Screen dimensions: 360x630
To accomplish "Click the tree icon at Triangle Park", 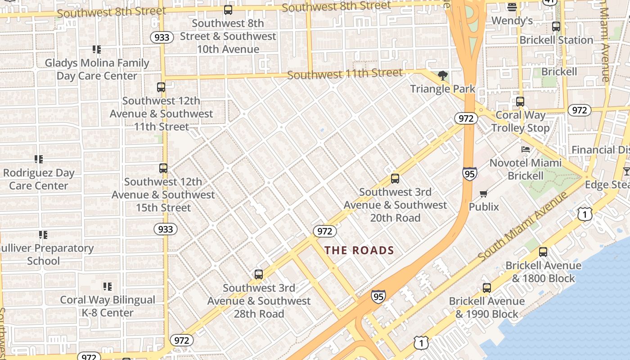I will (442, 76).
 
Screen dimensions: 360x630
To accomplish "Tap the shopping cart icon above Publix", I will (484, 194).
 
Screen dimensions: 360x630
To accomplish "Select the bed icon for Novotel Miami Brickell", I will (525, 149).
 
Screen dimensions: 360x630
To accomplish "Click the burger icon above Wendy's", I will (512, 7).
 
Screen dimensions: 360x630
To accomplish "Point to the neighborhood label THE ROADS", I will (359, 251).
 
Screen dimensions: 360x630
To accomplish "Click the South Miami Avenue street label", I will (522, 226).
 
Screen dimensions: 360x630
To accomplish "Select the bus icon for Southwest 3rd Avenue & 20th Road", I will (395, 179).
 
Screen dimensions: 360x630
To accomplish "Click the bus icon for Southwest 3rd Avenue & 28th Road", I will (258, 274).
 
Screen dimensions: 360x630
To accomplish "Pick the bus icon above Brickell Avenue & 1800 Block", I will (543, 252).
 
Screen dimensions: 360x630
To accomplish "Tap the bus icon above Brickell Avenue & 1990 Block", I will (487, 288).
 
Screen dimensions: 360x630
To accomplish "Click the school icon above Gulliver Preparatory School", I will (43, 234).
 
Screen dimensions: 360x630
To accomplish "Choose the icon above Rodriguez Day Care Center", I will (39, 159).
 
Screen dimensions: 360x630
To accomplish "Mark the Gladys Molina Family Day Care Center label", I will (97, 69).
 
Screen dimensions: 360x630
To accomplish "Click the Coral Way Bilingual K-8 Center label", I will (108, 306).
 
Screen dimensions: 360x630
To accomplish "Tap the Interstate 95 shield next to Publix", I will (469, 173).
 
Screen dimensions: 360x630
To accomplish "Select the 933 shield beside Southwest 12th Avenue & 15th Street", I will (166, 229).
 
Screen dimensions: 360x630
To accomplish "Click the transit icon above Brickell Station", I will (556, 27).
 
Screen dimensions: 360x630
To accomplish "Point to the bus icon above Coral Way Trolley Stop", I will (520, 102).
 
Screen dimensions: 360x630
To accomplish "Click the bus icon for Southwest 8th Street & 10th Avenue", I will (228, 9).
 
